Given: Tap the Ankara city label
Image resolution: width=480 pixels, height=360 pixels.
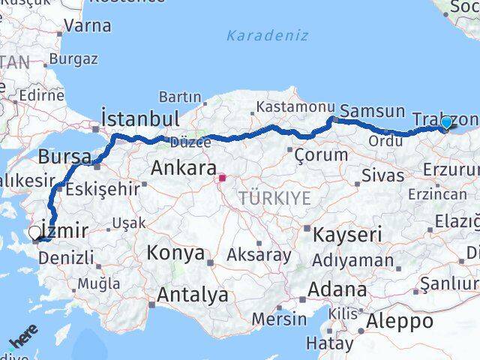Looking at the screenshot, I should tap(184, 168).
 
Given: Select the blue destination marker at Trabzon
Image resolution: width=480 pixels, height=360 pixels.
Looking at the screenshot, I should tap(446, 123).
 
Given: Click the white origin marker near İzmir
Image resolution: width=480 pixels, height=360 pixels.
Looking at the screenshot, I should tap(34, 233).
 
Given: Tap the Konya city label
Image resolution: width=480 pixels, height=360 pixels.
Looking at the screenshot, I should tap(175, 253).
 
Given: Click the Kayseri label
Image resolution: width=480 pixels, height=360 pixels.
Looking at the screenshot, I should tap(346, 234).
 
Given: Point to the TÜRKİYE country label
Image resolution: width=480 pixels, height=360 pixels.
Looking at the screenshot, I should tap(274, 198).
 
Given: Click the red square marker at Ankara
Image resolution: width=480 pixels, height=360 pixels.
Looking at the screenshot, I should tap(222, 178).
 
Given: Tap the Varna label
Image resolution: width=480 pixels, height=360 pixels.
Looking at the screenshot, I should tap(88, 25).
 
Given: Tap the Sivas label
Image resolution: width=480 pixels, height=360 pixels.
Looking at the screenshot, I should tap(382, 175).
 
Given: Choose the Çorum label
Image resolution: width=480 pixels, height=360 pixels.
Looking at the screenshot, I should tap(322, 155).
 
